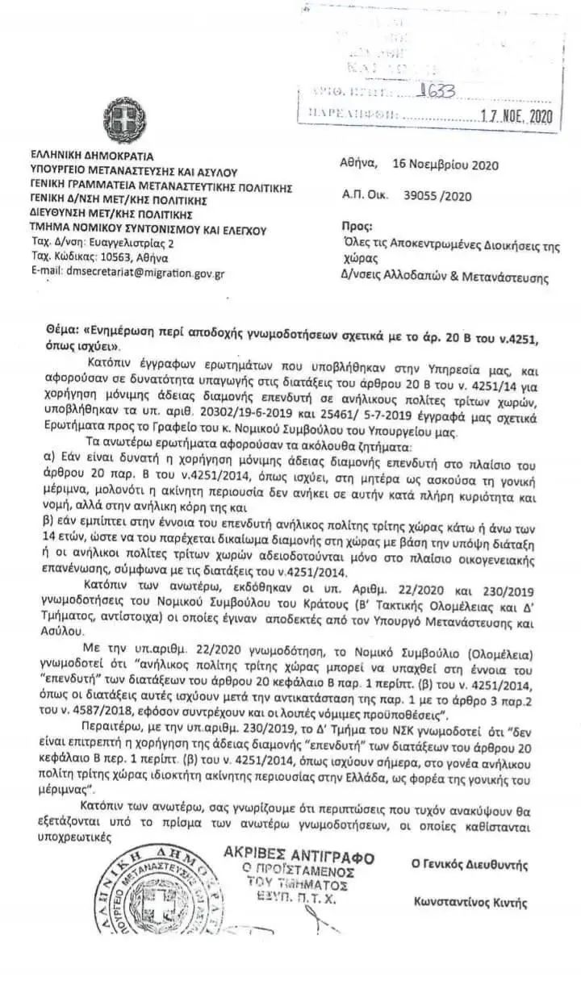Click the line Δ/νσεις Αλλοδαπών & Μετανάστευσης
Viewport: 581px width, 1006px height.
tap(444, 278)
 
